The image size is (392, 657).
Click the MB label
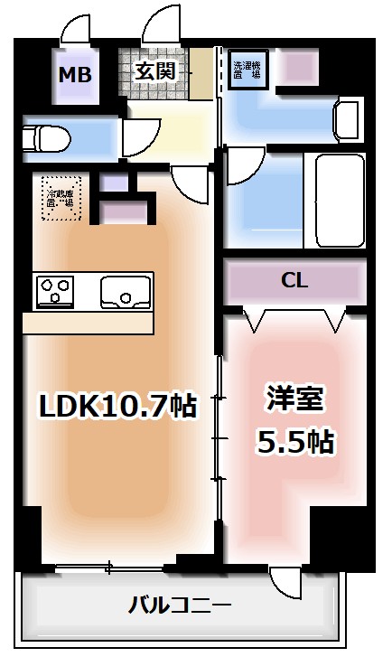point(75,75)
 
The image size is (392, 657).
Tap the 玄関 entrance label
point(154,71)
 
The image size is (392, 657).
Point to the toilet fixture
point(42,138)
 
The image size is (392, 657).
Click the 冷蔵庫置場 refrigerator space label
point(59,197)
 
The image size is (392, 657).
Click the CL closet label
point(294,280)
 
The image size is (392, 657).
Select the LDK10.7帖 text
point(117,407)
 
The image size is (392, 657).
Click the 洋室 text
point(294,399)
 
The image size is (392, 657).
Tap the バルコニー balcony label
point(180,604)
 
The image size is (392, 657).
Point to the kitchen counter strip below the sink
point(90,323)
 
